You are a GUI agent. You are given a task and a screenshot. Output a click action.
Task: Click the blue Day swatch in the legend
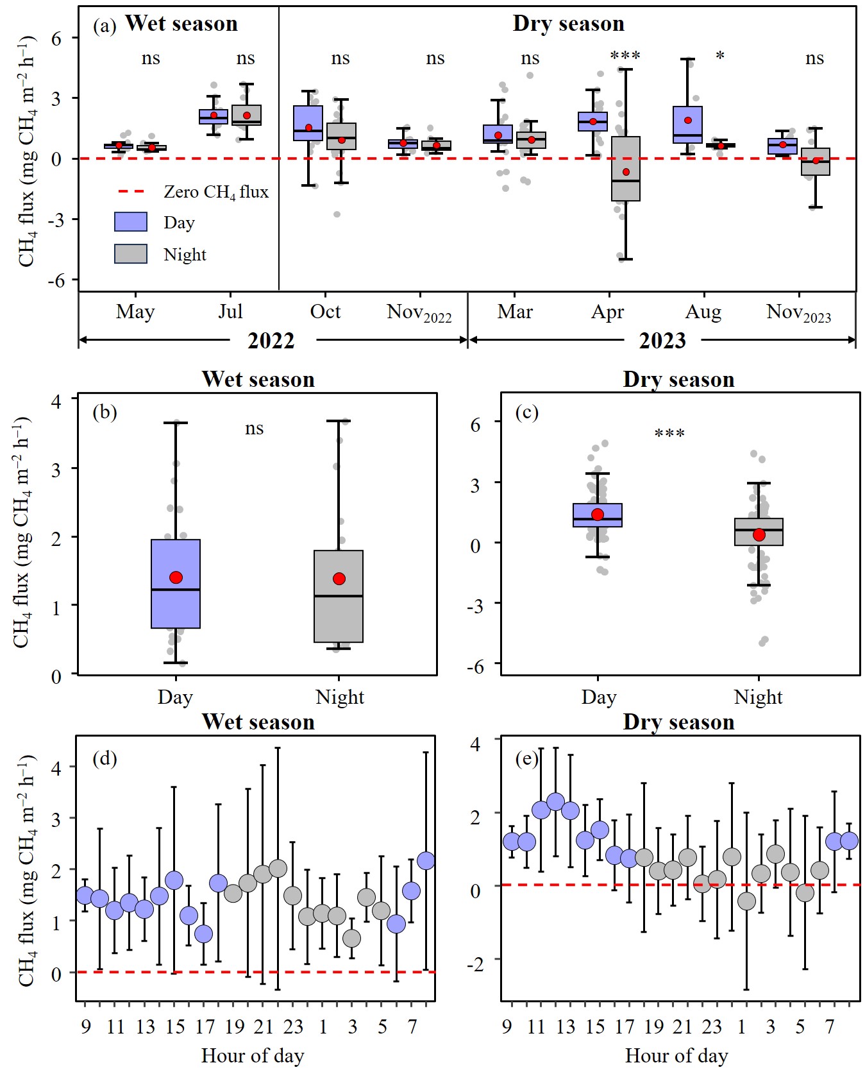pyautogui.click(x=131, y=222)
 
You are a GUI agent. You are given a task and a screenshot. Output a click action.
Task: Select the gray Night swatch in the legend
pyautogui.click(x=131, y=254)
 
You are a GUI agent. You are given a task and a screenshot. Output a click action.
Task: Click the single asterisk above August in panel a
pyautogui.click(x=720, y=56)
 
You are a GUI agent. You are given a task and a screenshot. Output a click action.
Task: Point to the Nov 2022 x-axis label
pyautogui.click(x=419, y=313)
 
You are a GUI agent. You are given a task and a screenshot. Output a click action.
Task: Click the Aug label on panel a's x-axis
pyautogui.click(x=703, y=312)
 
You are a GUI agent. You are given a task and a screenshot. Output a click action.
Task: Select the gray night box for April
pyautogui.click(x=626, y=169)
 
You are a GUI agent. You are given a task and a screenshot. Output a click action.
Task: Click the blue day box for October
pyautogui.click(x=308, y=123)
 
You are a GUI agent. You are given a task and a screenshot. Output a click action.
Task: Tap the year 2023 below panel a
pyautogui.click(x=662, y=341)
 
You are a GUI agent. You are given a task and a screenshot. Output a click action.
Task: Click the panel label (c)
pyautogui.click(x=527, y=412)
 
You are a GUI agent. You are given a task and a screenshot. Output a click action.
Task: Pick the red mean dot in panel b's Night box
pyautogui.click(x=339, y=579)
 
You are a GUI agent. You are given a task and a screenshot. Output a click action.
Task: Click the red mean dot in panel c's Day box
pyautogui.click(x=598, y=514)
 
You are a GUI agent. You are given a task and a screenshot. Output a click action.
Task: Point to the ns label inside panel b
pyautogui.click(x=255, y=428)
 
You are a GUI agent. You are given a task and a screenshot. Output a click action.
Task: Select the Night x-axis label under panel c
pyautogui.click(x=758, y=697)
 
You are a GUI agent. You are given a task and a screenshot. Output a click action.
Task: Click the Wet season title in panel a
pyautogui.click(x=181, y=24)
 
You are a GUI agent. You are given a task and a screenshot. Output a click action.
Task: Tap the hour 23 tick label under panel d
pyautogui.click(x=293, y=1026)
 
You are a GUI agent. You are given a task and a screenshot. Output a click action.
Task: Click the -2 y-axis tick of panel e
pyautogui.click(x=474, y=964)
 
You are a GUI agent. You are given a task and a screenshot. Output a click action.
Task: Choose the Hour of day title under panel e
pyautogui.click(x=676, y=1055)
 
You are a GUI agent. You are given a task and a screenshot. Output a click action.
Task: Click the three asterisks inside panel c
pyautogui.click(x=669, y=434)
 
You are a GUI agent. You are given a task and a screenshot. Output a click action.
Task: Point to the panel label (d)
pyautogui.click(x=105, y=759)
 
